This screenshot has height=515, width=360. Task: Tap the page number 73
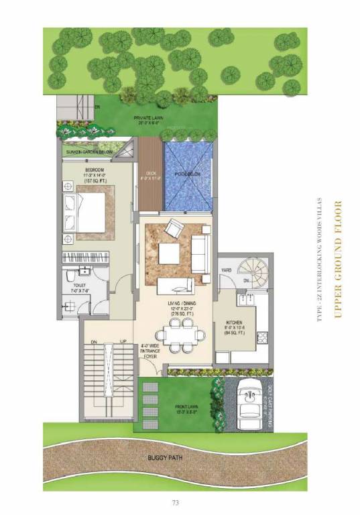175,502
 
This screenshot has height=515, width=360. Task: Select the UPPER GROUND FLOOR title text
338,257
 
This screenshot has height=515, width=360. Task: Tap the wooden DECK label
151,173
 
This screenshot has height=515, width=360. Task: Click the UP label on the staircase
123,342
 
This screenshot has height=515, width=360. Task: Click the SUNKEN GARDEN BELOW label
92,153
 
